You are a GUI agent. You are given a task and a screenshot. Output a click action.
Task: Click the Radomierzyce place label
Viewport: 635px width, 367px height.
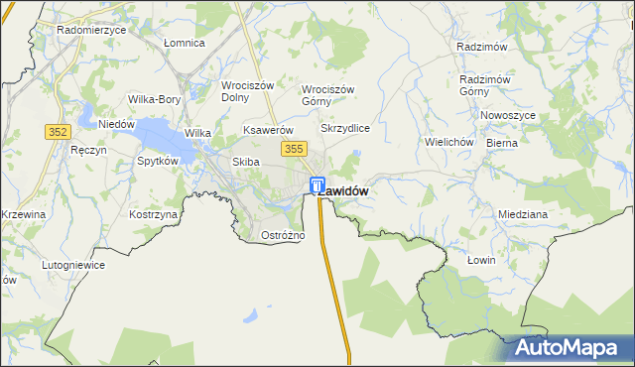(x=91, y=30)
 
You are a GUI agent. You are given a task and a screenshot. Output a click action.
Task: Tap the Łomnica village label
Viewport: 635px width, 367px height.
(x=184, y=43)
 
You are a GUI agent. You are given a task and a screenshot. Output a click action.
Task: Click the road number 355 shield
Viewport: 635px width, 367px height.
(x=293, y=149)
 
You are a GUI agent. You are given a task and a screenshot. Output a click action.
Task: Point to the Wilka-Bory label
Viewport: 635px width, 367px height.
(x=154, y=99)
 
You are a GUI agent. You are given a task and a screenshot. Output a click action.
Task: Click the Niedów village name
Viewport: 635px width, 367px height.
(x=116, y=124)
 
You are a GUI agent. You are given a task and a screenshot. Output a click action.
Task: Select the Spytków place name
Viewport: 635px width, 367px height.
(x=158, y=160)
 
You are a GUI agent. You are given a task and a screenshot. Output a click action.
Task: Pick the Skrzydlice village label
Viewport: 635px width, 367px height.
(x=345, y=129)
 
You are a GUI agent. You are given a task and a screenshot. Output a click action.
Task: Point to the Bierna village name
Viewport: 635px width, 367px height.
(x=502, y=142)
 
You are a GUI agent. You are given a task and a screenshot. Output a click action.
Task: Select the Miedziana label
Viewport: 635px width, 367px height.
(x=523, y=214)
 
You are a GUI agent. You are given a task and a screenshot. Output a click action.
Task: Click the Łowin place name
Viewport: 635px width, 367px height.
(x=480, y=259)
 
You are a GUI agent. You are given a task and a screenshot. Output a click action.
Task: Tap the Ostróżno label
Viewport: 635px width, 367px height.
(x=282, y=235)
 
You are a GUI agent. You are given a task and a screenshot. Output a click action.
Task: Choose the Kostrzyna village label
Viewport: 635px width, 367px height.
(x=154, y=214)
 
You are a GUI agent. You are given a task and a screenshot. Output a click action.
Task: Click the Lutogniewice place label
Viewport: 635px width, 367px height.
(x=72, y=266)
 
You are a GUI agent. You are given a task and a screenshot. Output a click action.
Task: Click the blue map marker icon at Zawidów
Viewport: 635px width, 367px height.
(x=317, y=184)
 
